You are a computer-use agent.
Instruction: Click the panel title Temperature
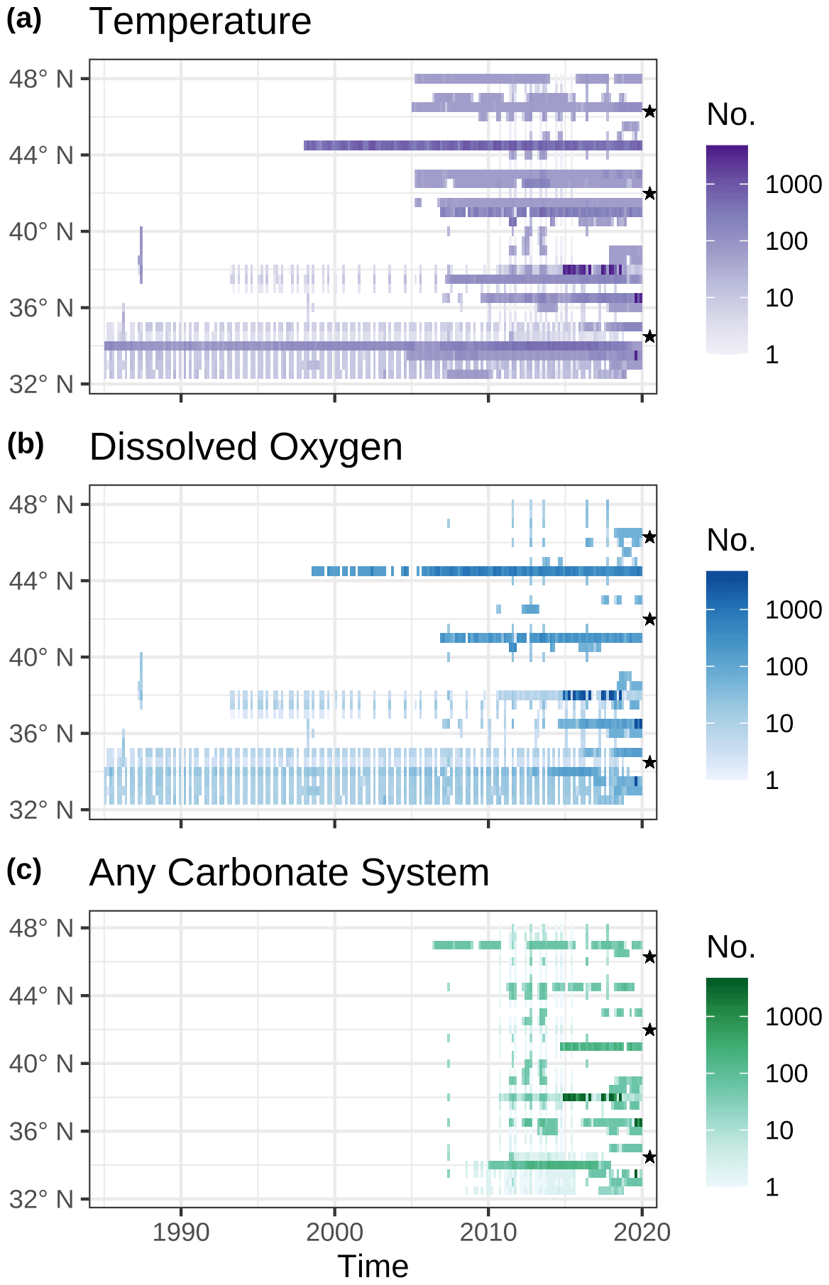pos(200,21)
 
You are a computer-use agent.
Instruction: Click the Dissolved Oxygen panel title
pos(246,447)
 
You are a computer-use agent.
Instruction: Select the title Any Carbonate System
pos(289,872)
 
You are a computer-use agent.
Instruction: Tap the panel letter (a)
pos(24,20)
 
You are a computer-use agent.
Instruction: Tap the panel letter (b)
pos(25,445)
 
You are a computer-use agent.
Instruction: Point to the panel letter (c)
pos(24,870)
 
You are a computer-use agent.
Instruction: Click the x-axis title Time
pos(373,1267)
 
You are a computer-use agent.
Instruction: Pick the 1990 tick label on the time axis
pos(181,1232)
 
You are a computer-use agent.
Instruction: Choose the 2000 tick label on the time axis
pos(334,1232)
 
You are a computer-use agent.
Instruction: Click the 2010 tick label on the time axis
pos(488,1232)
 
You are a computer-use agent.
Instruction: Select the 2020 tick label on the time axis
pos(642,1232)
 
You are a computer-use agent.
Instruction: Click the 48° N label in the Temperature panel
pos(41,79)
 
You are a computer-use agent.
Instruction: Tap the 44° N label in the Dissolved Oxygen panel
pos(41,581)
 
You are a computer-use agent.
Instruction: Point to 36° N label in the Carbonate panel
pos(41,1131)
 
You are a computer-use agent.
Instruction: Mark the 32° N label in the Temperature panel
pos(41,385)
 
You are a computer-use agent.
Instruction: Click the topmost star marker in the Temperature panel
pos(649,111)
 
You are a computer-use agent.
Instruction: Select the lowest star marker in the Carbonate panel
pos(649,1157)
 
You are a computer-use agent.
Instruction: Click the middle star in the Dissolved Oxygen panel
pos(649,619)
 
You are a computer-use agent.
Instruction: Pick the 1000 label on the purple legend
pos(793,184)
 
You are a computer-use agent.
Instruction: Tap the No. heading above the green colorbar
pos(731,947)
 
